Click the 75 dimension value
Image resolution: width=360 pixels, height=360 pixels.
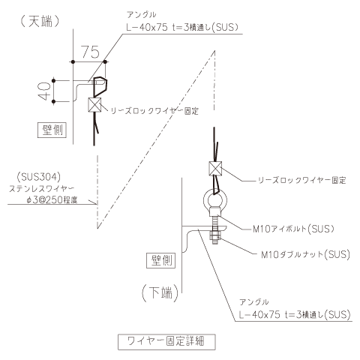[x=91, y=52]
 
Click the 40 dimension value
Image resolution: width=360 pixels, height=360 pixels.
[x=44, y=91]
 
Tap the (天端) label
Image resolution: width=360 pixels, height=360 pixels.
[x=40, y=21]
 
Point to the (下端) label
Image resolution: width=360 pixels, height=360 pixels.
[x=160, y=292]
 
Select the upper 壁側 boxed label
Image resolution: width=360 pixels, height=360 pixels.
[x=52, y=130]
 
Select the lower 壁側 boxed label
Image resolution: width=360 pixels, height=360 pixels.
[x=161, y=260]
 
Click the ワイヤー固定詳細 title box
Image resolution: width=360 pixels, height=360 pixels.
[x=166, y=341]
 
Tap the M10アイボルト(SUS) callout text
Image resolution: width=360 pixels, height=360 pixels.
[x=293, y=229]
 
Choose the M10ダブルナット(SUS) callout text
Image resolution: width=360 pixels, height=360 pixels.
[x=305, y=254]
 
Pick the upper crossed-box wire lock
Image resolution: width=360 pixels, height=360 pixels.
[x=94, y=104]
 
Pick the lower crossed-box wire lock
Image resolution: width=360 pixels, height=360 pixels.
[x=215, y=168]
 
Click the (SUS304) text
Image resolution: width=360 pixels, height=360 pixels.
[x=39, y=177]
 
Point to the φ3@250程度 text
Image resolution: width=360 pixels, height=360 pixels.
[x=52, y=200]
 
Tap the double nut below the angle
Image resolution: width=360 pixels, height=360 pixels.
[x=215, y=235]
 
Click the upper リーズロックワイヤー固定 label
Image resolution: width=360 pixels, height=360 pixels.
[x=154, y=111]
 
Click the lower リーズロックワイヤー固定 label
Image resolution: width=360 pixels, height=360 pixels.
[x=302, y=180]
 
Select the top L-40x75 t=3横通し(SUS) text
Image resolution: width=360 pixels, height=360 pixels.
[x=182, y=27]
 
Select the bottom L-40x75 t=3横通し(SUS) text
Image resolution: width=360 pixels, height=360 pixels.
[x=295, y=314]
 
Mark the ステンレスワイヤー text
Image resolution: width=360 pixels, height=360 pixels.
[x=42, y=189]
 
